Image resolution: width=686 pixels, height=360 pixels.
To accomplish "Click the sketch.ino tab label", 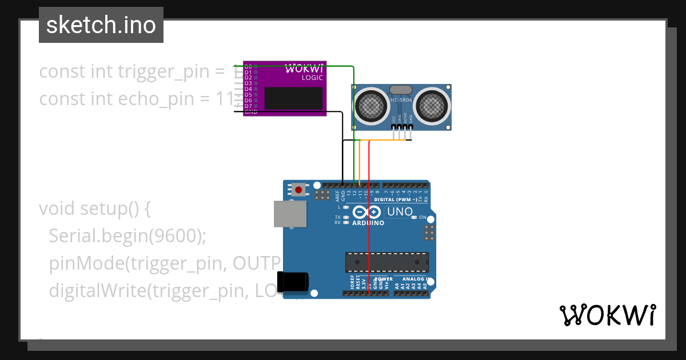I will click(101, 25).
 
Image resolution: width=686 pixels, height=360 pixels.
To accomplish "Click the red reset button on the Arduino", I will click(298, 189).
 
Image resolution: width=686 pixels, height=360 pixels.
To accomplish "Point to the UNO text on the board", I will click(400, 212).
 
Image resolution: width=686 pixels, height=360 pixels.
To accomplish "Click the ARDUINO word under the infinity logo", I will click(368, 223).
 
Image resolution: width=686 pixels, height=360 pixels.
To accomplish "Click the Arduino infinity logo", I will click(368, 212).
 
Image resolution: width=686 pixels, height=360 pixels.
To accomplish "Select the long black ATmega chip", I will click(386, 262).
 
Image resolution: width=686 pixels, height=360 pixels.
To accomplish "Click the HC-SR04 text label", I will click(401, 100).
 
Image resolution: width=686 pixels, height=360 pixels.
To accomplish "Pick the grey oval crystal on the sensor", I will click(401, 89).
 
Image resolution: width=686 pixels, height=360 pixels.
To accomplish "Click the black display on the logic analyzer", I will click(293, 98).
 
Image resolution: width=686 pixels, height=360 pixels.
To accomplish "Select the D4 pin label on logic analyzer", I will click(248, 89).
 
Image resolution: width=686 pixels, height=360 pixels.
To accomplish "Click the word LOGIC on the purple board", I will click(312, 77).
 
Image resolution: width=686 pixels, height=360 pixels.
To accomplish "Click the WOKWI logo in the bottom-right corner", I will click(607, 315).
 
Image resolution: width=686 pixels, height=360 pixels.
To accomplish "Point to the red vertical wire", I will click(369, 229).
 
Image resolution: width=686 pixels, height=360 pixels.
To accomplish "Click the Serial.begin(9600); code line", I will click(127, 236).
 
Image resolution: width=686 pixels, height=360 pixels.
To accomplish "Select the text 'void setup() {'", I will click(95, 209).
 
